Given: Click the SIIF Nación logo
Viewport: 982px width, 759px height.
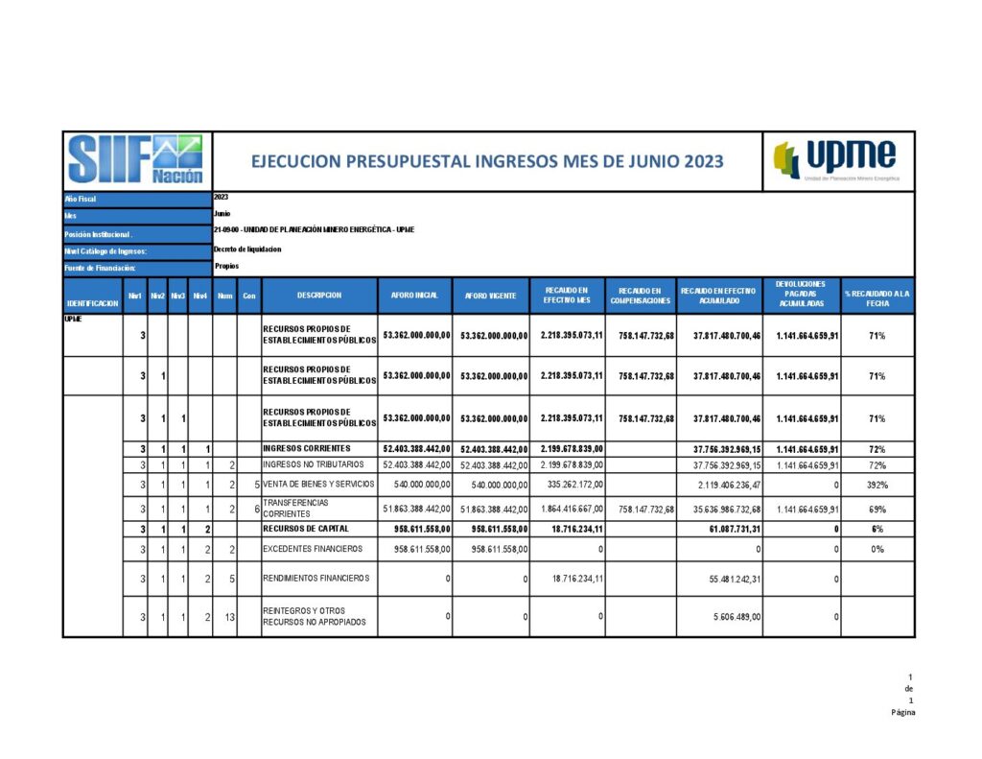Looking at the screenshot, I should coord(135,160).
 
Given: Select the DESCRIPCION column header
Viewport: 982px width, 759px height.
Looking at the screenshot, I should coord(318,296).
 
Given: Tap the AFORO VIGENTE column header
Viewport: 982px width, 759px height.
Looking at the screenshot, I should coord(490,296).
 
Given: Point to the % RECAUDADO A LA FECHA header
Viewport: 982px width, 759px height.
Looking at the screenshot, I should coord(877,296).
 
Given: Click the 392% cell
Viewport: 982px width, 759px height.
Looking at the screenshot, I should coord(877,485).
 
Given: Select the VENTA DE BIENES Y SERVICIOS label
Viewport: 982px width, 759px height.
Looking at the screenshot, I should coord(319,485).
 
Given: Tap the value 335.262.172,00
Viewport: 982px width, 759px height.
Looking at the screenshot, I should coord(569,485).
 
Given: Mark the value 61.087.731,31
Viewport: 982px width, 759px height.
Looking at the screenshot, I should coord(726,529).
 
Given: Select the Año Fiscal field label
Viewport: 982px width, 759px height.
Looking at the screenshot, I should coord(81,199).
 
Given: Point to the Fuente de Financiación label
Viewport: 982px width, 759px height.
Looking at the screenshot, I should coord(101,268).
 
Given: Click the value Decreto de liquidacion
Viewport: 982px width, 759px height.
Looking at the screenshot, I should coord(247,249).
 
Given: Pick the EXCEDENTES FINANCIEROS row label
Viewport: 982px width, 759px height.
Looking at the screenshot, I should coord(313,549).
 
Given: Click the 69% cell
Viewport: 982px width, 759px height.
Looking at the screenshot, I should coord(877,509).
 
